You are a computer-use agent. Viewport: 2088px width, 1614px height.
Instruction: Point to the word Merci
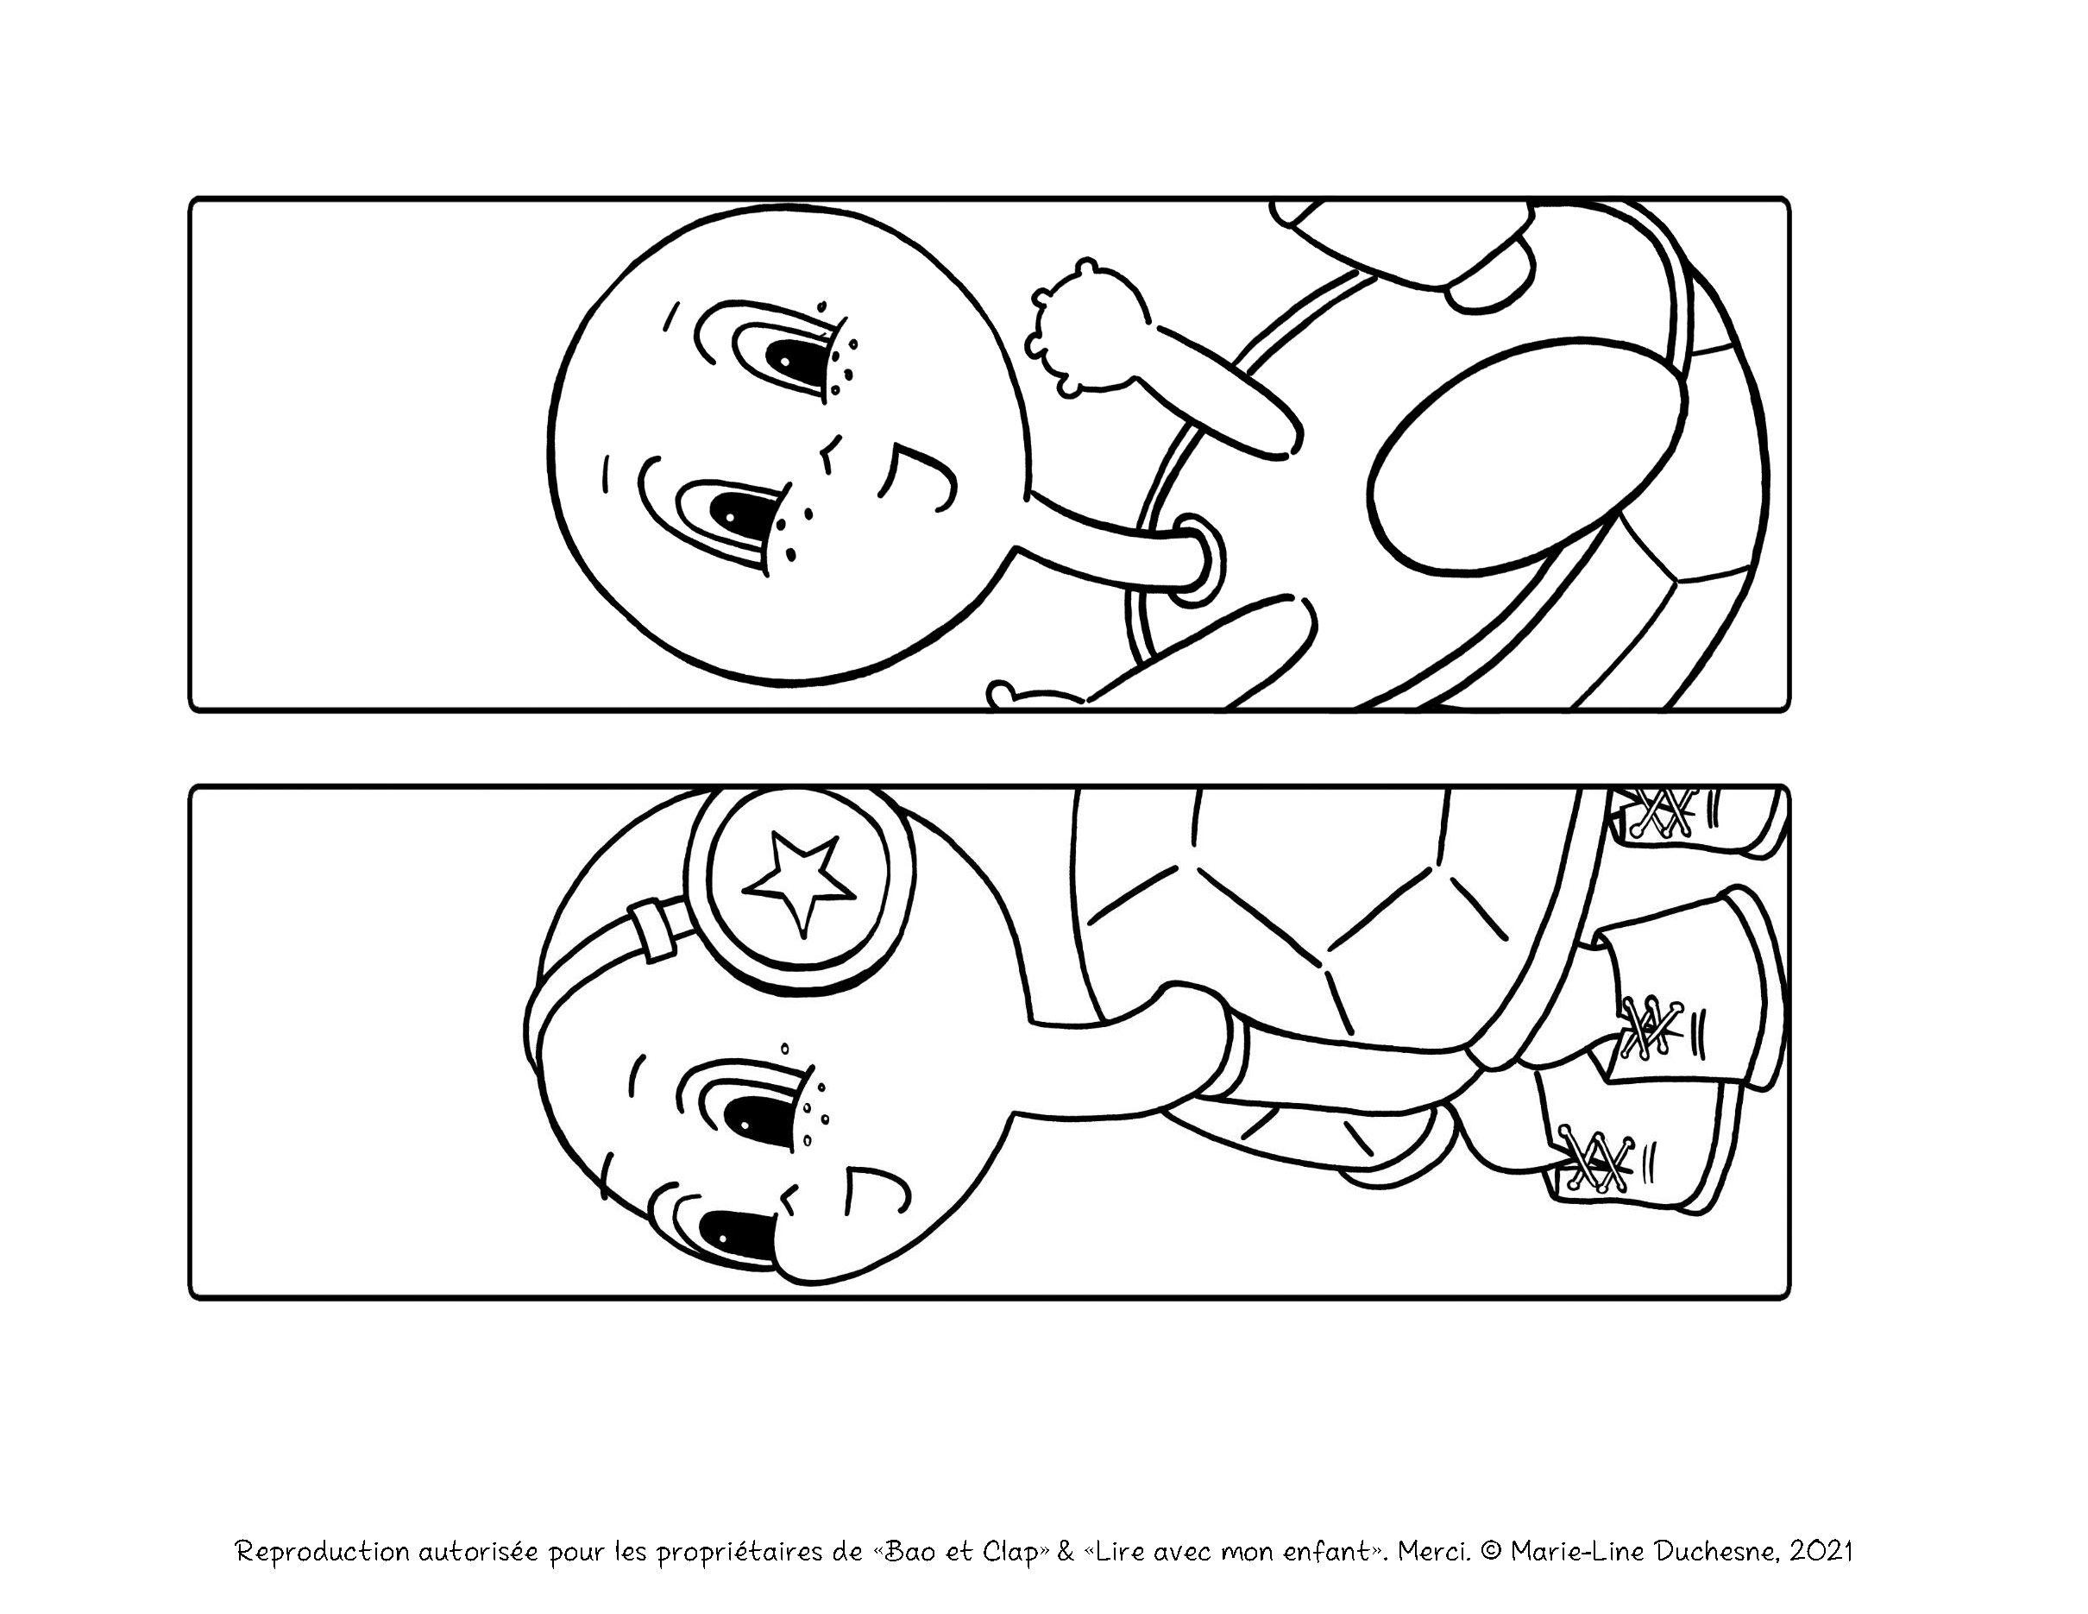click(1433, 1497)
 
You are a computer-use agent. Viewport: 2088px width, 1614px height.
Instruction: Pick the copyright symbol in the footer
click(1489, 1497)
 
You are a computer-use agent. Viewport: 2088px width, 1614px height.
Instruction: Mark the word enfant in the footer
click(1330, 1497)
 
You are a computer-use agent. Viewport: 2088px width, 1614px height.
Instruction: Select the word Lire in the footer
click(1117, 1497)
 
